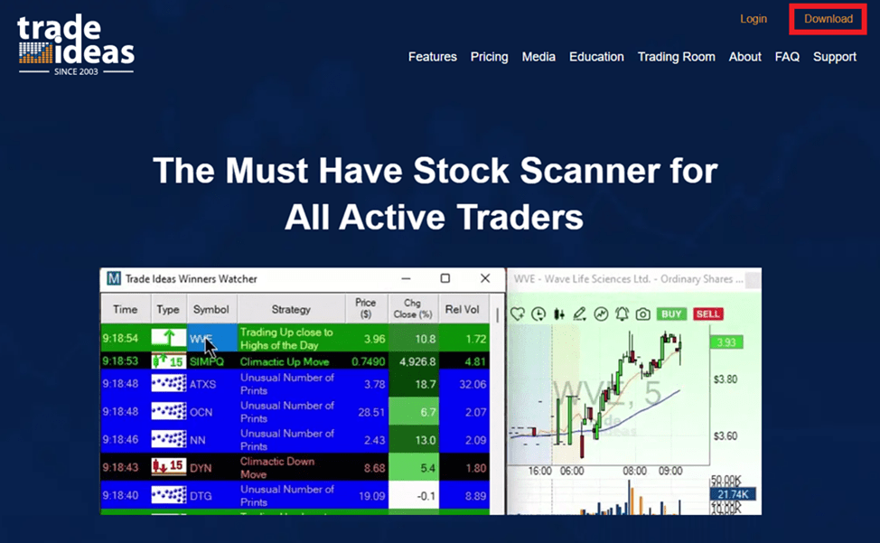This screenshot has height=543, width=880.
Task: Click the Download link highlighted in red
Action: [x=828, y=19]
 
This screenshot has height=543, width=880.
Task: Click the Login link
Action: [x=753, y=19]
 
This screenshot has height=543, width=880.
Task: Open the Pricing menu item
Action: [x=489, y=57]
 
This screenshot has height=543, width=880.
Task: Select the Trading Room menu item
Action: [x=676, y=57]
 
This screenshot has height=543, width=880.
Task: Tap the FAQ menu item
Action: [x=787, y=57]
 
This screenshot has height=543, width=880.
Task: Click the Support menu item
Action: [x=834, y=57]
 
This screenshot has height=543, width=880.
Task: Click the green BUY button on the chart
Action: [x=671, y=314]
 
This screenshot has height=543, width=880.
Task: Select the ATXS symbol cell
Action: [x=203, y=384]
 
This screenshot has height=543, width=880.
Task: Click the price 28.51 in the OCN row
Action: [x=364, y=412]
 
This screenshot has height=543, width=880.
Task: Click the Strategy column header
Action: [x=290, y=309]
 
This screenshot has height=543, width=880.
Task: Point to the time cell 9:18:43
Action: [x=126, y=467]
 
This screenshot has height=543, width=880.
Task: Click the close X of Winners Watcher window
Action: [x=485, y=278]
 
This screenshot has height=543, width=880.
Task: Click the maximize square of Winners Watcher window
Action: [x=445, y=278]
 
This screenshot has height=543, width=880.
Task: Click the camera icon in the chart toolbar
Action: [x=642, y=314]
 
